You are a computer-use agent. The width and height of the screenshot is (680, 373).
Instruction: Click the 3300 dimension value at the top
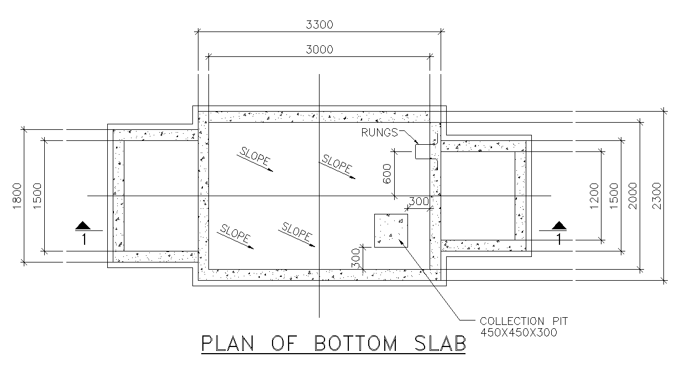tap(320, 24)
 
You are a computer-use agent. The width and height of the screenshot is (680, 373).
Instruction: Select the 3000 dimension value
tap(320, 50)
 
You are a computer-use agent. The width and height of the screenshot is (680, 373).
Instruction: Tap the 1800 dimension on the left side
tap(17, 196)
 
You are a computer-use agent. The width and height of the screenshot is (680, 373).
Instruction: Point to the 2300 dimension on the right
tap(656, 196)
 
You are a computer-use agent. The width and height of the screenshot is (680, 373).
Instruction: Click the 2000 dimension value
tap(633, 196)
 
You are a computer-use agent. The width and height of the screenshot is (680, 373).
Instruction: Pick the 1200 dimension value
tap(594, 196)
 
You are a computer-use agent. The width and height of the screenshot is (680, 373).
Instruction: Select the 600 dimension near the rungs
tap(387, 174)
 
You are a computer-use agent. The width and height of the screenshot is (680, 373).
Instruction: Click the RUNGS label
tap(379, 133)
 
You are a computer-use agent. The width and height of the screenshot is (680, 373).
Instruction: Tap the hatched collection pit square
tap(391, 230)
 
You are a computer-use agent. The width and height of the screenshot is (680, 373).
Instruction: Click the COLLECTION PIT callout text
tap(524, 321)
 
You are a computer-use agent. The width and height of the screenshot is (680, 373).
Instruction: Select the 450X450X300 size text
tap(519, 333)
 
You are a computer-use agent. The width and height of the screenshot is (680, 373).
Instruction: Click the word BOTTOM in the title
tap(355, 344)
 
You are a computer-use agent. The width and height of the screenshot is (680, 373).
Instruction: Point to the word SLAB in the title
tap(440, 344)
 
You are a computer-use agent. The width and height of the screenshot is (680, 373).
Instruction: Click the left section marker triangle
tap(83, 225)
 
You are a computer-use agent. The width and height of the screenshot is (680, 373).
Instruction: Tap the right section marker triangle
tap(559, 225)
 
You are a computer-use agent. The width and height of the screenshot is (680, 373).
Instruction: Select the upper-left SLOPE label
tap(254, 156)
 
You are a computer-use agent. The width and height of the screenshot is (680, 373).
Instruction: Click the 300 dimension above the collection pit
tap(419, 201)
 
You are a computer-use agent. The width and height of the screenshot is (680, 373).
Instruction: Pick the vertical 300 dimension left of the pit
tap(355, 258)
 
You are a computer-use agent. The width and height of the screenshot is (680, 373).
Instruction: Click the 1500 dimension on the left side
tap(37, 196)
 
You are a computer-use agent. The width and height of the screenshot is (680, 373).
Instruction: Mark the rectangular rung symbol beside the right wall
tap(423, 151)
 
